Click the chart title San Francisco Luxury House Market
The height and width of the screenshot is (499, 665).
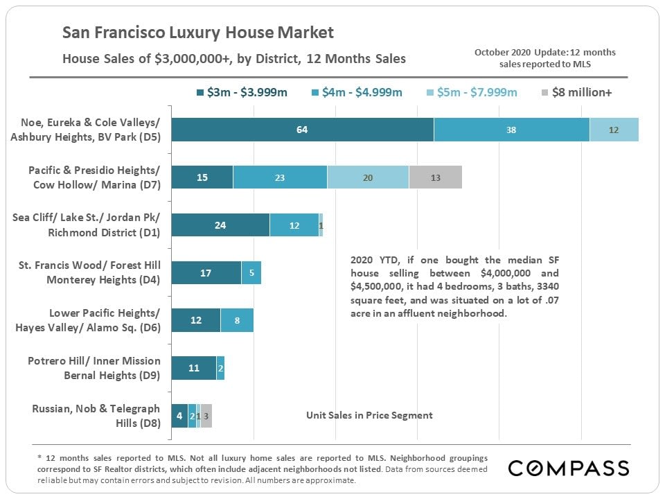click(198, 33)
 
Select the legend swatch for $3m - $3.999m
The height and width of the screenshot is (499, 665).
click(200, 93)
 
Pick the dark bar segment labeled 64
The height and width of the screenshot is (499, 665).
click(302, 130)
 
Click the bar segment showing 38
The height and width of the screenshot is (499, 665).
click(511, 130)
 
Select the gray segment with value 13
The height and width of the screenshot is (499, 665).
click(435, 177)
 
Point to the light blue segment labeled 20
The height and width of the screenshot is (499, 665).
click(368, 177)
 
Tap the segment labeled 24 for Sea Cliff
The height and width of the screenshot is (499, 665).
click(220, 225)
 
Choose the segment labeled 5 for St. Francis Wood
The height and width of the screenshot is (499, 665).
click(251, 273)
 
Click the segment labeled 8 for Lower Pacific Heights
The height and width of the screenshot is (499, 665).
click(237, 321)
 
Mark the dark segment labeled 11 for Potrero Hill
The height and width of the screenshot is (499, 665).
click(193, 368)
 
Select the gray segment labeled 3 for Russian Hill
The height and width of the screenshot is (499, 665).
click(206, 416)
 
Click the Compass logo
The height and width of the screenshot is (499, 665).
click(569, 468)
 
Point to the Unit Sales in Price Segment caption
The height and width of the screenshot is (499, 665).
click(369, 415)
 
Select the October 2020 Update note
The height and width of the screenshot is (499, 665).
click(544, 58)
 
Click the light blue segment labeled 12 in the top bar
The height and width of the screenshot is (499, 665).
click(614, 130)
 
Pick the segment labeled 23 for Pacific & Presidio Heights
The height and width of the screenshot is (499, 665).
click(280, 177)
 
